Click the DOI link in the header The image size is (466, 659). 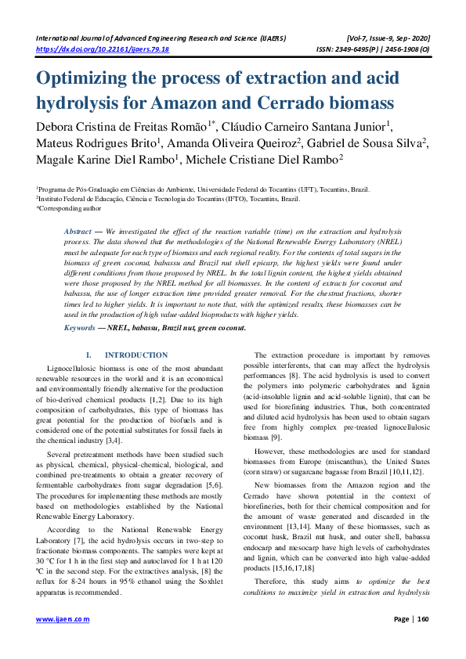pyautogui.click(x=103, y=49)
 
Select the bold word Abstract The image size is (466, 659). pyautogui.click(x=78, y=232)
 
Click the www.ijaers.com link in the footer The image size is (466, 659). pyautogui.click(x=63, y=640)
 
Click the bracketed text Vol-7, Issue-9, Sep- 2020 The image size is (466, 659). pyautogui.click(x=385, y=38)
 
